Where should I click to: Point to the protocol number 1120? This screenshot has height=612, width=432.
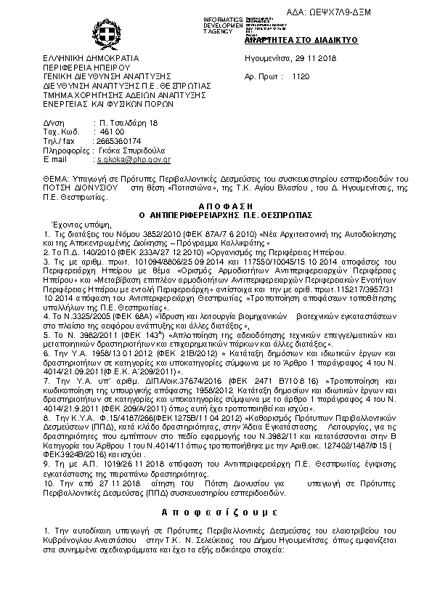pos(301,76)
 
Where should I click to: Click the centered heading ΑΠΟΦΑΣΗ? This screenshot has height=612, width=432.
pos(216,207)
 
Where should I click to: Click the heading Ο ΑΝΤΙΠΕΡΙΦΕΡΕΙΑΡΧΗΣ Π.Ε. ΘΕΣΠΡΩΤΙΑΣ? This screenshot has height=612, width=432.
pos(216,216)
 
